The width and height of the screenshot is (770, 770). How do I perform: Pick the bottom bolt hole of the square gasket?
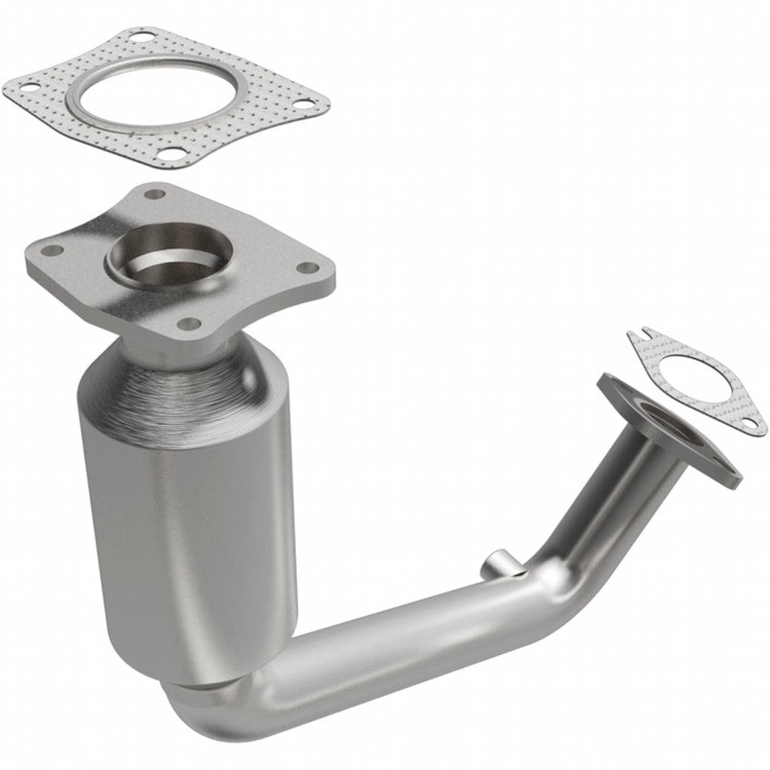tap(172, 155)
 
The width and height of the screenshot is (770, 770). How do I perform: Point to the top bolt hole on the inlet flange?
tap(155, 194)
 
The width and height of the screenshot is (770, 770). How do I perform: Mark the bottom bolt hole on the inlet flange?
tap(189, 324)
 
